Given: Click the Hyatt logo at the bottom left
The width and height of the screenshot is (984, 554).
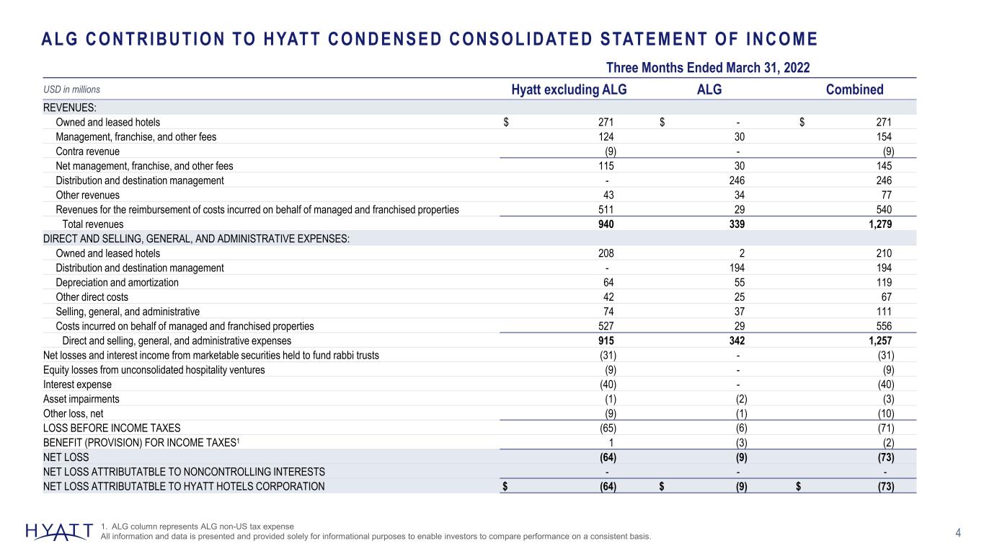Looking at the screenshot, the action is (x=59, y=532).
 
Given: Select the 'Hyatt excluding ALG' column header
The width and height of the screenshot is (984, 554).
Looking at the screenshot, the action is (x=569, y=89).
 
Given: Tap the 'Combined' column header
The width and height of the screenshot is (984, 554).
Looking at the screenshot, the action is (x=854, y=89).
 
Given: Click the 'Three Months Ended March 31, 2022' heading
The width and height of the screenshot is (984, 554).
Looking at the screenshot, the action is (x=708, y=68).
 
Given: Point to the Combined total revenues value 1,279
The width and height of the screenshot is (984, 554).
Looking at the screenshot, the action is (x=880, y=224).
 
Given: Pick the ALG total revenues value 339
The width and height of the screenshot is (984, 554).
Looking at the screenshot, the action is (x=737, y=224).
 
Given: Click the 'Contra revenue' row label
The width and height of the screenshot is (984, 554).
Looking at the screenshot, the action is (x=87, y=151).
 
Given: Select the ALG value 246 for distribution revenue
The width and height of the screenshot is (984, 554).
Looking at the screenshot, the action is (x=737, y=180).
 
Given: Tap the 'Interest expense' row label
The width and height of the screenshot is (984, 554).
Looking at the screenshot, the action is (x=77, y=384).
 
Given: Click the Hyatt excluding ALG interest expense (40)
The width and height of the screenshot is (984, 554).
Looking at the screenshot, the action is (x=608, y=384).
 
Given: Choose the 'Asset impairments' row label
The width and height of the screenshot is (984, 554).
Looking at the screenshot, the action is (x=81, y=399).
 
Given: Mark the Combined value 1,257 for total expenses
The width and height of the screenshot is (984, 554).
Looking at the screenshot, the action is (x=880, y=340).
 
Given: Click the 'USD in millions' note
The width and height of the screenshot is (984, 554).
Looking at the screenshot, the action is (x=71, y=89).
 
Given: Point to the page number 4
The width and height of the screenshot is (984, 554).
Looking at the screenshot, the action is (x=958, y=533).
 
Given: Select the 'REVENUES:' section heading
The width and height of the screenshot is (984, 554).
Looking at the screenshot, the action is (x=69, y=107).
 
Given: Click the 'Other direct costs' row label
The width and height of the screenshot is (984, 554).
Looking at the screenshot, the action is (x=92, y=296).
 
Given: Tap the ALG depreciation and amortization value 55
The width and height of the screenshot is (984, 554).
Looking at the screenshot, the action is (x=740, y=282).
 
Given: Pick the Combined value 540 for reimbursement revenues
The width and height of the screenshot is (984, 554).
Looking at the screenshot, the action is (x=884, y=209).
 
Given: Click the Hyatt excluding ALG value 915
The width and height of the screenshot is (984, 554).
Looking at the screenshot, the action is (x=606, y=340).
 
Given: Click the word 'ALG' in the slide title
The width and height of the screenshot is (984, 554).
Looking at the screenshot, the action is (x=59, y=39).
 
